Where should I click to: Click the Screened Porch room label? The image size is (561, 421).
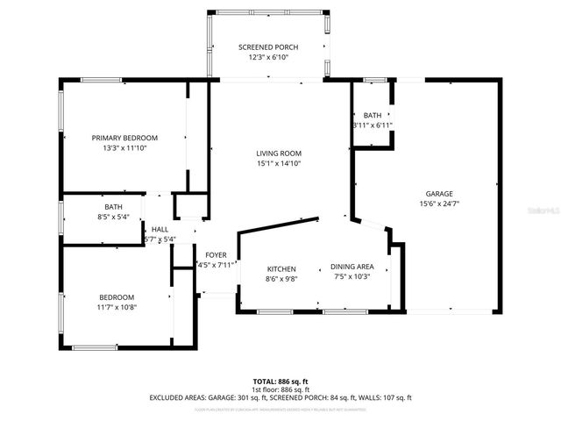pos(269,46)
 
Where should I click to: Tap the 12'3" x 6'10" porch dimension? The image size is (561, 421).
pos(269,57)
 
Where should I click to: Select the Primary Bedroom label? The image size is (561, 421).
pos(125,138)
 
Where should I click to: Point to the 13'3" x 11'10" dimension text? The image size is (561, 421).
pos(125,148)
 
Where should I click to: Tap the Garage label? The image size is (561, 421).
pos(439,193)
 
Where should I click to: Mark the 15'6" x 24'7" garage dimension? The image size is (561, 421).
pos(439,203)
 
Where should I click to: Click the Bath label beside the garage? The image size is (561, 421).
pos(373,115)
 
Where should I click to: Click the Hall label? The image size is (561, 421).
pos(160,229)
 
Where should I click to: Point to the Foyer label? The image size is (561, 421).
pos(215,255)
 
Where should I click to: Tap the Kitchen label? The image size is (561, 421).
pos(281,268)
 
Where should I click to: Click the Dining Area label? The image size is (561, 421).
pos(352,267)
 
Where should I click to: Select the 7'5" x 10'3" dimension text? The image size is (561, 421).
pos(352,276)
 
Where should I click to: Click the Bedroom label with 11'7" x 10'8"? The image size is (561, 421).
pos(116,296)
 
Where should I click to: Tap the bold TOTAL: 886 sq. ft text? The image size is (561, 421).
pos(280,382)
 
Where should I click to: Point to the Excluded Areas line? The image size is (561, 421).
pos(280,397)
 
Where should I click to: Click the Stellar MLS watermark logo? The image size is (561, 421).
pos(543,211)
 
